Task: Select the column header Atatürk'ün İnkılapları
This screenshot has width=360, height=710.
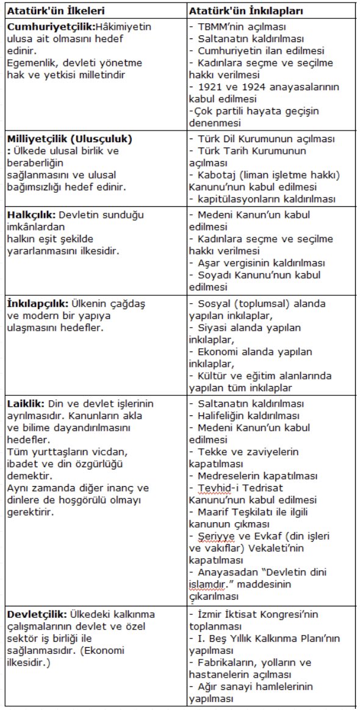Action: [x=239, y=11]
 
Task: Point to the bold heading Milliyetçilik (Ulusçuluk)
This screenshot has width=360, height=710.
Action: [x=70, y=139]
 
